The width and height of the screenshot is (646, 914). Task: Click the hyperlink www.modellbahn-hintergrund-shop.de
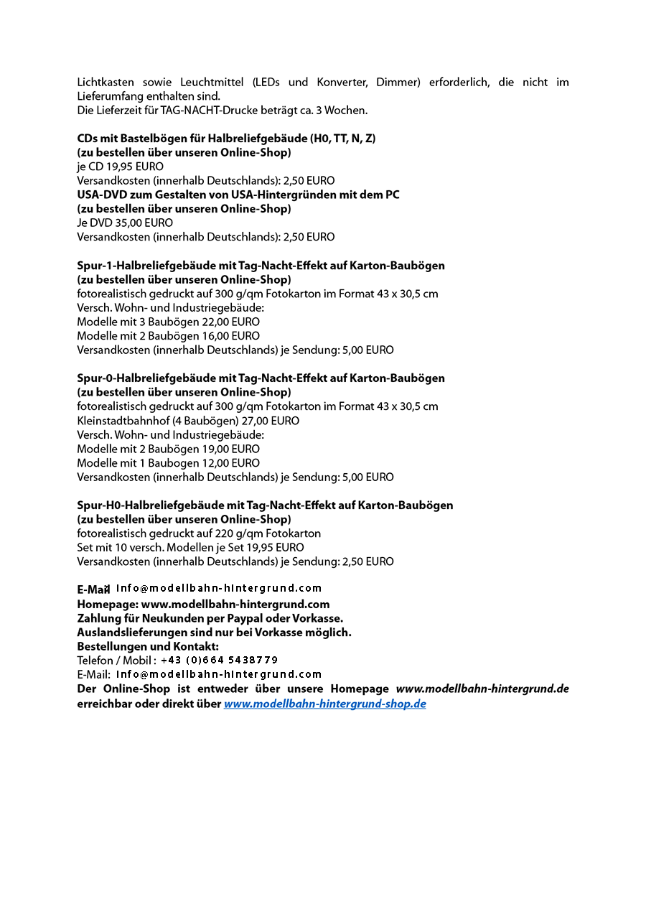pos(324,704)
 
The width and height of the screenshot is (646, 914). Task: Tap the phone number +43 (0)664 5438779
pos(219,660)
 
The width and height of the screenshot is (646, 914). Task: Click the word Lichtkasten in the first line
pos(106,83)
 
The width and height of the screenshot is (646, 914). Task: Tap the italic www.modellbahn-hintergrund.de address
pos(482,689)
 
